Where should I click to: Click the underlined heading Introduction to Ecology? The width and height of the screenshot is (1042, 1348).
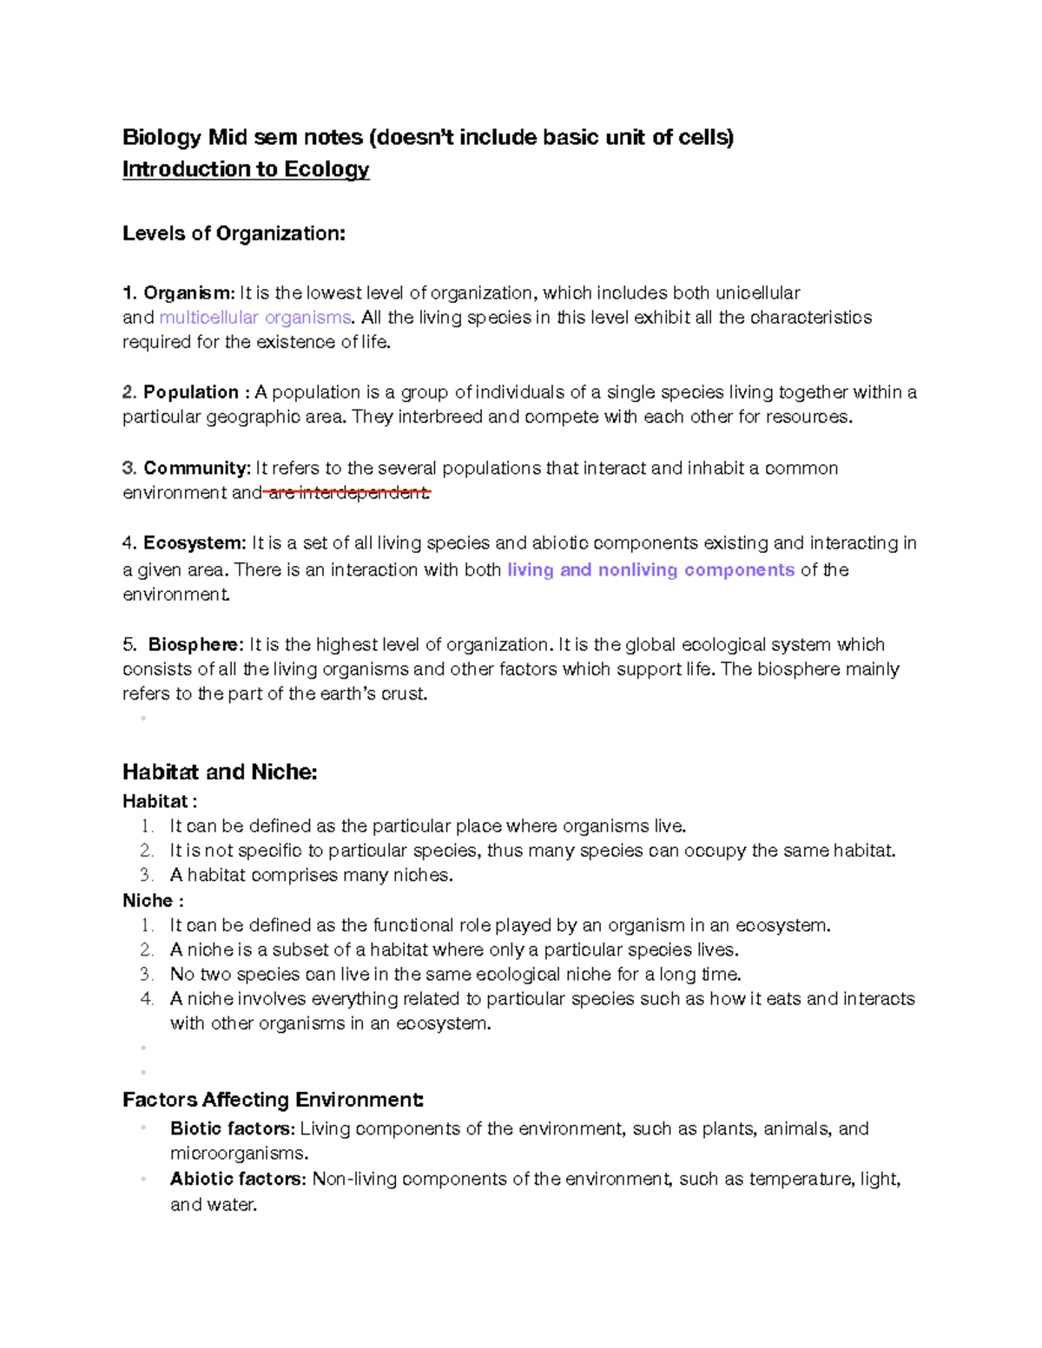coord(246,169)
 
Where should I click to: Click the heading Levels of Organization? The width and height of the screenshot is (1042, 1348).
coord(234,233)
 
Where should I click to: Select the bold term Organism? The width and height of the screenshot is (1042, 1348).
coord(188,293)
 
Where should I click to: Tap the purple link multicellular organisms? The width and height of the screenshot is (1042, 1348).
coord(255,317)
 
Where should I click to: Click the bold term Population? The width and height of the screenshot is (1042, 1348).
coord(191,392)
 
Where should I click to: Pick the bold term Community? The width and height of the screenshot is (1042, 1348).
coord(197,468)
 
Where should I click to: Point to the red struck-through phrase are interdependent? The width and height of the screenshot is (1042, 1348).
coord(347,493)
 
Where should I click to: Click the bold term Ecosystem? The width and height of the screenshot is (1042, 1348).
coord(195,543)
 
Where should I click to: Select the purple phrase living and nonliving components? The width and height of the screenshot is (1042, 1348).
coord(650,570)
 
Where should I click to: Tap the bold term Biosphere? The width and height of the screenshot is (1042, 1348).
coord(196,645)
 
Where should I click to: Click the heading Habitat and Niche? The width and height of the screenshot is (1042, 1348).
coord(220,772)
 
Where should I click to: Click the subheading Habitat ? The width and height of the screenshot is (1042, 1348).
coord(160,801)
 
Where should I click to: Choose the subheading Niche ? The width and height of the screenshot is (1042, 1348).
coord(153,900)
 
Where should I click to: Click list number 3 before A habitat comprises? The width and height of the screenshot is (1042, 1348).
coord(146,875)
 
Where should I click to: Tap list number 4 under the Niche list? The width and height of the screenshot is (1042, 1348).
coord(146,999)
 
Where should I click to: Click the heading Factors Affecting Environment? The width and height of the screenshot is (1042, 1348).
coord(273,1100)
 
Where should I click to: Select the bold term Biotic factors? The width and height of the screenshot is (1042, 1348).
coord(233,1128)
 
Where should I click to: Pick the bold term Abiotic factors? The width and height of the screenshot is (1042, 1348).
coord(238,1179)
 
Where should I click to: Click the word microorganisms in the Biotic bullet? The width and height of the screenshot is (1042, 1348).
coord(238,1154)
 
